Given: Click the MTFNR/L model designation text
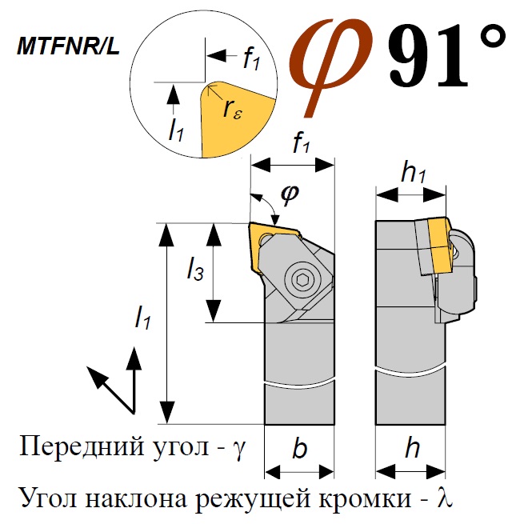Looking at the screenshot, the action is point(69,46).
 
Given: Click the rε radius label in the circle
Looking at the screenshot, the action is point(232,110).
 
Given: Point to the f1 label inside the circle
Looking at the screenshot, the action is point(251,59).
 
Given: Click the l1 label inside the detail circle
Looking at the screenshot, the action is point(176,130).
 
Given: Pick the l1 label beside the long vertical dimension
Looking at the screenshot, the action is point(142,318).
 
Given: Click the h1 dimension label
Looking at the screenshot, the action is point(414,173).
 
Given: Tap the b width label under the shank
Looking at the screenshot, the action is point(300,449).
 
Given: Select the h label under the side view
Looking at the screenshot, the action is point(413,449).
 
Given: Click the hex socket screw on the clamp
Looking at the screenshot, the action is point(302,280).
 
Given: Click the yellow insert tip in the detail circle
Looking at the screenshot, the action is point(234,119).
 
